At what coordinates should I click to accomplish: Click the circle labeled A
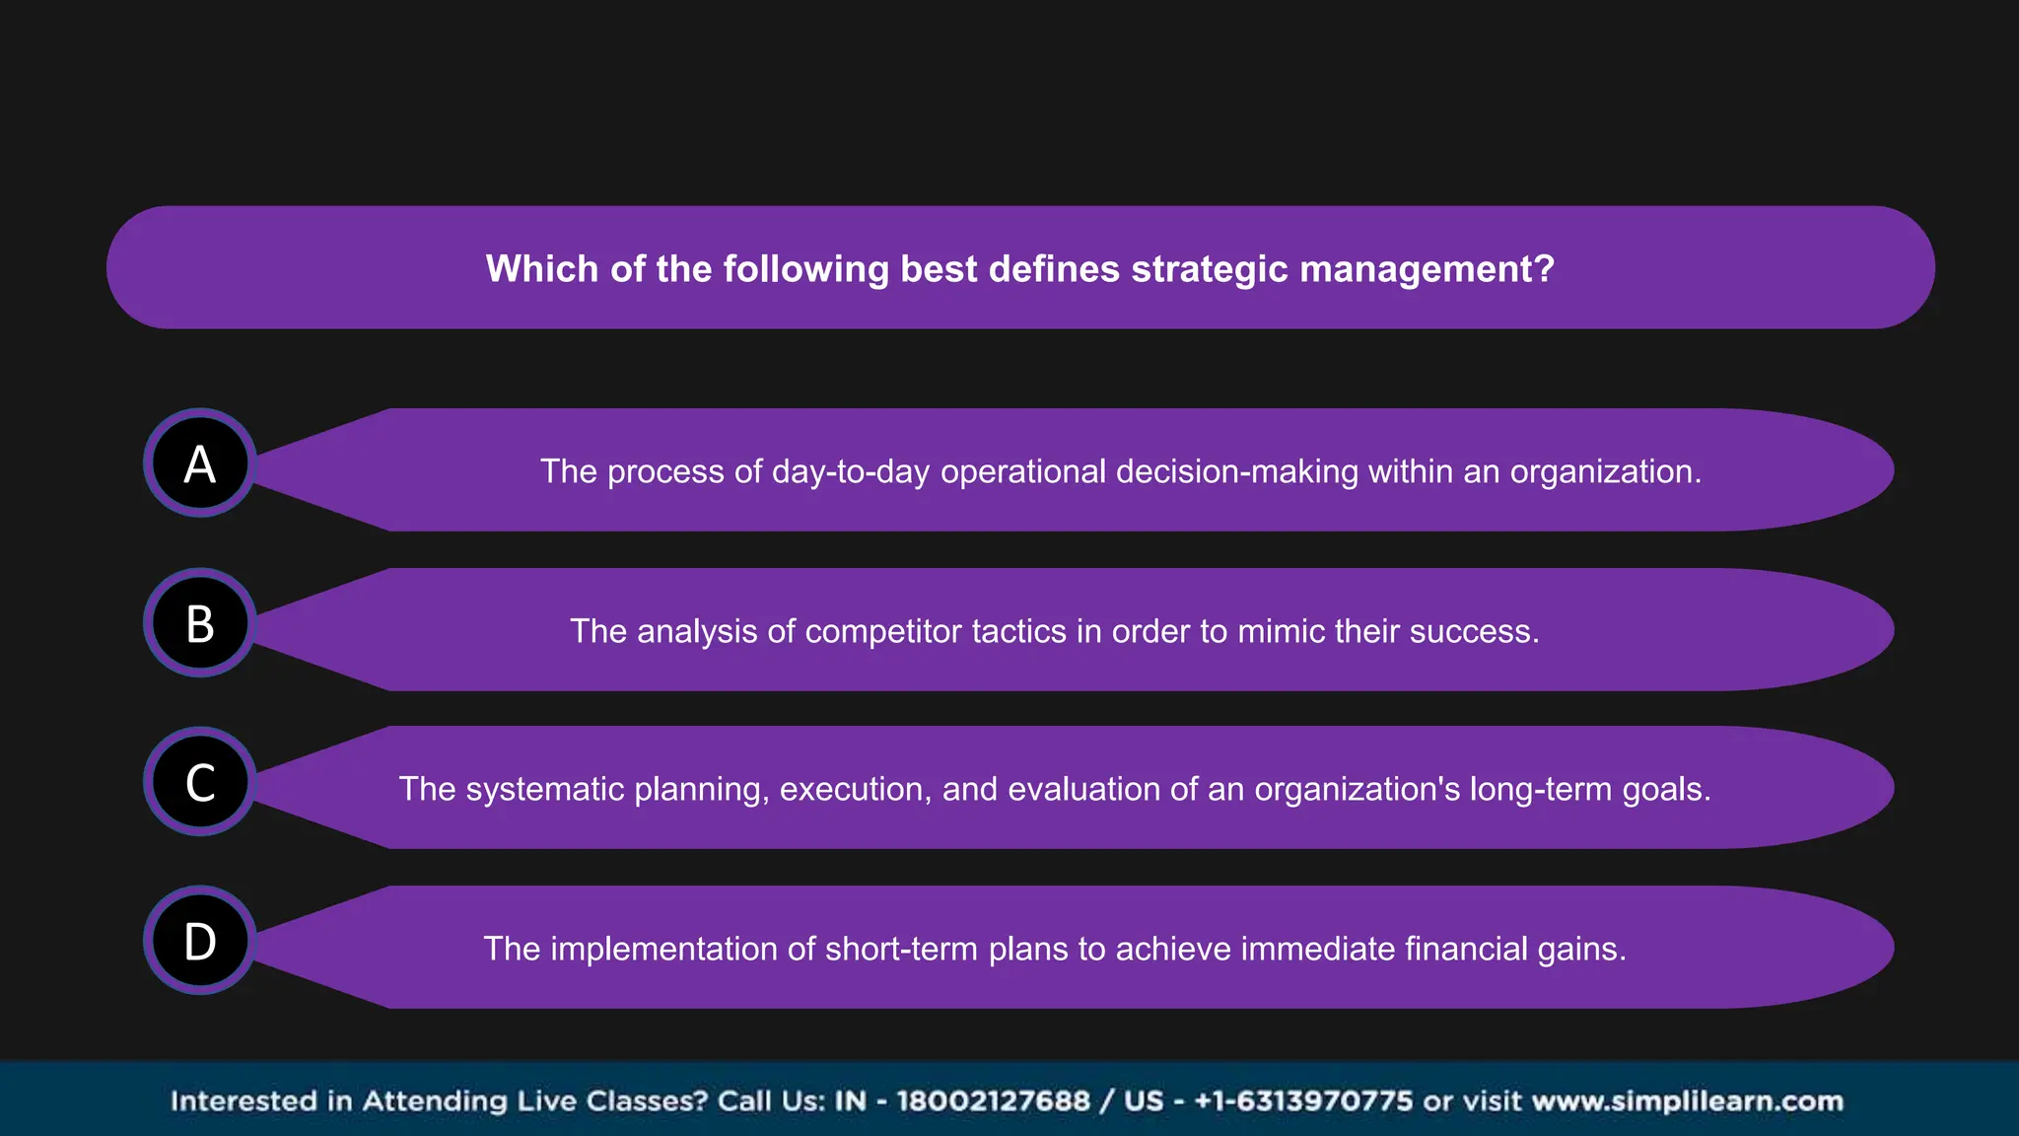pos(200,463)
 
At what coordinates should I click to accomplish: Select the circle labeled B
pos(200,623)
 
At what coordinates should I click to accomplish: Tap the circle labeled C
pos(200,782)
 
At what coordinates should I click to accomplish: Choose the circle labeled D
pos(200,941)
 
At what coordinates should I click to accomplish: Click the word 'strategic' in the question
pos(1210,269)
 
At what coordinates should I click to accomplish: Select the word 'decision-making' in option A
pos(1237,471)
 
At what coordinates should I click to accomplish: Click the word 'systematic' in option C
pos(544,789)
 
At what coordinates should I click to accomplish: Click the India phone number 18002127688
pos(993,1100)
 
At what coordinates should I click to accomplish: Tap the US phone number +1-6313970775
pos(1303,1100)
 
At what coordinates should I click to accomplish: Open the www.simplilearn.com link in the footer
pos(1687,1100)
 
